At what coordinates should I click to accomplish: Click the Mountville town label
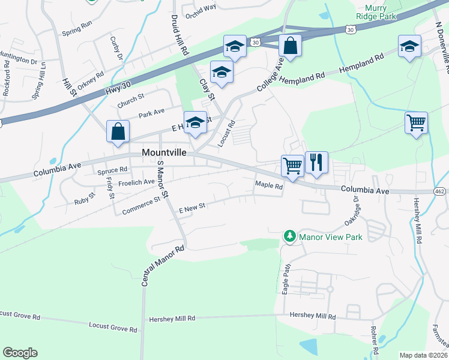168,152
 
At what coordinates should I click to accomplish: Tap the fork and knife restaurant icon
316,162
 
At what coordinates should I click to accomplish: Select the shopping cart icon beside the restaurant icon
292,165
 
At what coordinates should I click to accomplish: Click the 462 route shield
440,191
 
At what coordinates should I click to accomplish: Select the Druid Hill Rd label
180,37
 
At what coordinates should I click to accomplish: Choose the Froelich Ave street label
137,181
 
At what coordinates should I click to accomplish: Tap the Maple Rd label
268,185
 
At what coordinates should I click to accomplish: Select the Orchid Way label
201,8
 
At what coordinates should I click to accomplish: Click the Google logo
20,353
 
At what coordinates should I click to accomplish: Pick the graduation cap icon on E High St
194,123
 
